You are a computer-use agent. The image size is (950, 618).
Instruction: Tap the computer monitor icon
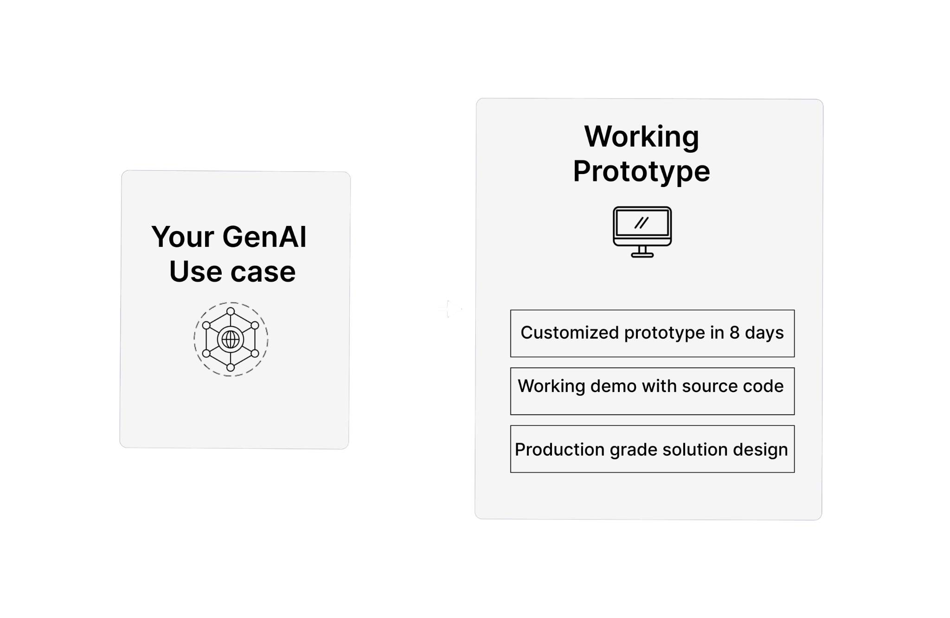click(x=642, y=231)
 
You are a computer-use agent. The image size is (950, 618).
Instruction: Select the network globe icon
click(x=231, y=339)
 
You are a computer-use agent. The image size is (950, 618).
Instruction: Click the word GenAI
click(x=264, y=237)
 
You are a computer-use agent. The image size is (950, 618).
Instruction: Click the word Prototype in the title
click(x=642, y=171)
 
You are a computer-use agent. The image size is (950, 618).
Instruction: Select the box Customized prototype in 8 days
click(x=652, y=334)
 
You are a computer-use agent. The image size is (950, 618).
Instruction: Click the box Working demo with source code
click(x=652, y=391)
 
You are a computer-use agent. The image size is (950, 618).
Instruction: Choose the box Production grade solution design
click(x=652, y=449)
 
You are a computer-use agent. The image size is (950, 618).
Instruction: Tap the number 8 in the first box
click(x=734, y=333)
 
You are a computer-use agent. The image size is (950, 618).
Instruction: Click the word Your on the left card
click(x=182, y=237)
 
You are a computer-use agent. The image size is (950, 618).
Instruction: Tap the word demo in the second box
click(x=610, y=386)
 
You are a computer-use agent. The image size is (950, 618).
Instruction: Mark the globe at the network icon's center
click(x=231, y=340)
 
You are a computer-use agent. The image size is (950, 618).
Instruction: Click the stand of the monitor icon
click(x=642, y=251)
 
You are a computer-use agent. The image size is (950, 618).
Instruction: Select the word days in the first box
click(x=764, y=333)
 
